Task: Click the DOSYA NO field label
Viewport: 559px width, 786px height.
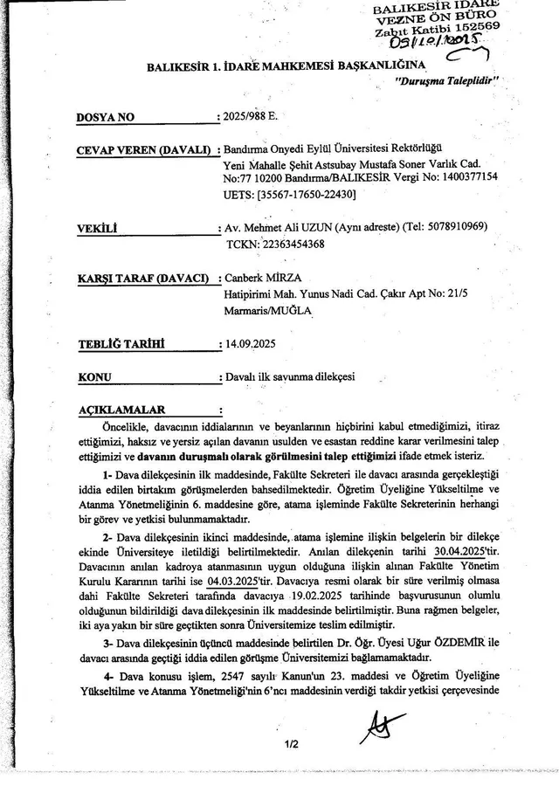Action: (x=107, y=115)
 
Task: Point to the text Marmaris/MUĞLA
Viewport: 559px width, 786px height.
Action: (x=267, y=310)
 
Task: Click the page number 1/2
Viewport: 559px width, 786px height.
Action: (x=291, y=743)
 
